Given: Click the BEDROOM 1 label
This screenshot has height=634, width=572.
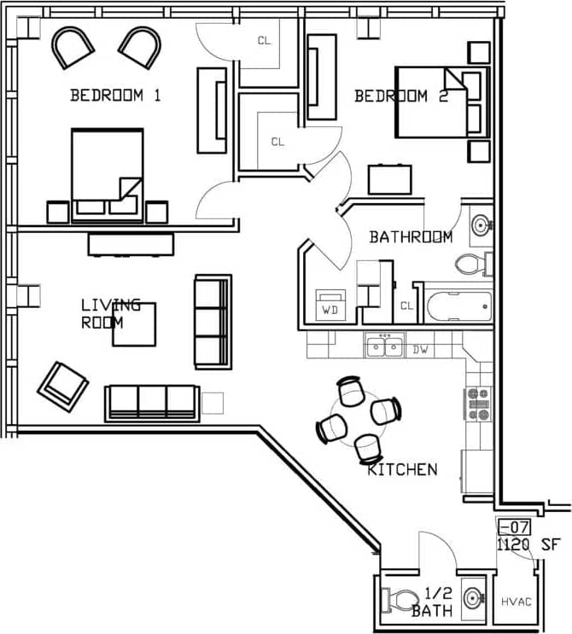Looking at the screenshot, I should click(x=115, y=96).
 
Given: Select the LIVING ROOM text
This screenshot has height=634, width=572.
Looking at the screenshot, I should click(x=109, y=314).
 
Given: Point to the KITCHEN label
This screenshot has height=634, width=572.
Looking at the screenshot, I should click(x=402, y=469).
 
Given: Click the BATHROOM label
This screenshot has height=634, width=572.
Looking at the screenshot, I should click(x=411, y=237).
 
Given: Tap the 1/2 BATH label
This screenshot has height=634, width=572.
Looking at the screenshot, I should click(x=431, y=602).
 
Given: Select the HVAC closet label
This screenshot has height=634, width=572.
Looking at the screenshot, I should click(x=516, y=602).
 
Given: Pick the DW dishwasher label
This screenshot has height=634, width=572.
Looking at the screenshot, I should click(x=419, y=349).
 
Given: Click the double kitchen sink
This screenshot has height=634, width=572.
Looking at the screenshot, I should click(x=385, y=346).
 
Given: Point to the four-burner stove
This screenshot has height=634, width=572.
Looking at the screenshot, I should click(x=477, y=404).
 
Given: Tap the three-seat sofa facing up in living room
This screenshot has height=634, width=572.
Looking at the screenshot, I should click(x=152, y=401).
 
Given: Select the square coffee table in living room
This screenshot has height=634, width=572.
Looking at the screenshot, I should click(x=134, y=324).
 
